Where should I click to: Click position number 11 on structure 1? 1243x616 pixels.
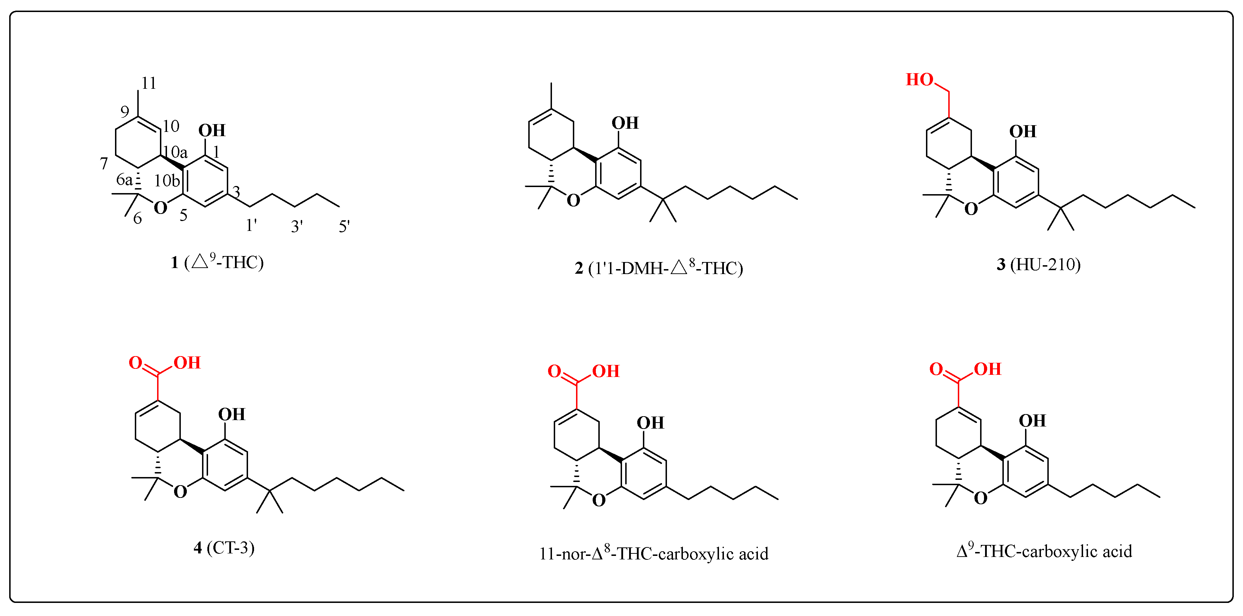coord(149,83)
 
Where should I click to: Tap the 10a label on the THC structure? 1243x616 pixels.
coord(175,152)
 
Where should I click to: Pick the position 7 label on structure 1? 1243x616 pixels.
coord(104,163)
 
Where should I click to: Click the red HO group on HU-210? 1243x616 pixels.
coord(919,80)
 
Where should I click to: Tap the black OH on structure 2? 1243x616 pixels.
coord(625,123)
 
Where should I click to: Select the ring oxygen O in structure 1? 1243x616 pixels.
coord(160,208)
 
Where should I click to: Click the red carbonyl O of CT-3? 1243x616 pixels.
coord(135,363)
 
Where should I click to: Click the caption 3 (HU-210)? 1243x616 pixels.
coord(1038,265)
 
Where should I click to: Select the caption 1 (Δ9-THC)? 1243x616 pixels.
coord(217,262)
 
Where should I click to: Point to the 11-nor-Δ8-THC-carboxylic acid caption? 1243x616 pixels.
coord(654,553)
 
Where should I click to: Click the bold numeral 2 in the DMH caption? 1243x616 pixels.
coord(579,268)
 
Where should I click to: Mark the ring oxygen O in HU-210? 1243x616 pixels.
coord(971,209)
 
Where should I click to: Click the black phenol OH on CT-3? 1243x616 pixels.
coord(232,414)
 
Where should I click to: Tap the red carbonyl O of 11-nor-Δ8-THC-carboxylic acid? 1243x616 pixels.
coord(554,371)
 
